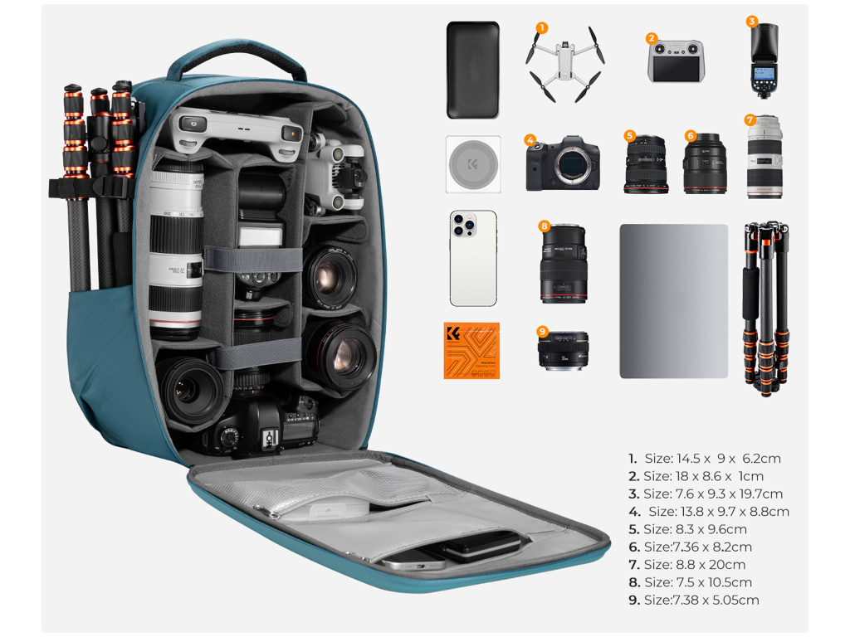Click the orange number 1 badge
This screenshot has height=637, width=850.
point(541,28)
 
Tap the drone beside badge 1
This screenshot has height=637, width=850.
point(564,63)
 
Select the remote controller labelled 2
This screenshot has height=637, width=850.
point(675,61)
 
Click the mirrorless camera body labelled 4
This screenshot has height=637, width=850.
point(564,165)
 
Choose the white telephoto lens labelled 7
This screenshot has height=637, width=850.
point(764,158)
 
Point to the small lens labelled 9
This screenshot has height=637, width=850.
point(564,350)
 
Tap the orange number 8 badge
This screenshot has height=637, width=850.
point(544,226)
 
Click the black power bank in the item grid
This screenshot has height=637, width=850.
point(472,70)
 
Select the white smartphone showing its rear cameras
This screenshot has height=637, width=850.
point(473,258)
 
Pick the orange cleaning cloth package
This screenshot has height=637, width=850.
point(471,350)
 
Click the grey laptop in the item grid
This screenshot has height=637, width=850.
point(673,301)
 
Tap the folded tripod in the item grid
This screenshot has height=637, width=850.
point(765,307)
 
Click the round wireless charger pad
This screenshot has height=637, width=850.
point(473,165)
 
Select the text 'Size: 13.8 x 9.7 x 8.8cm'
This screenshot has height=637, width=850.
point(718,512)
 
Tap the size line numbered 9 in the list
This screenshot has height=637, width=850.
point(693,601)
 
